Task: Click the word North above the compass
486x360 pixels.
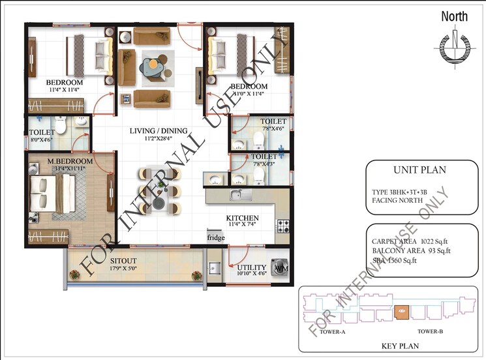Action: coord(455,16)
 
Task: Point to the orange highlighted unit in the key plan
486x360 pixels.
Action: coord(402,312)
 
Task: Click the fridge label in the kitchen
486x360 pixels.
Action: coord(217,238)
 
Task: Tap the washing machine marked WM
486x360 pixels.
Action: coord(281,267)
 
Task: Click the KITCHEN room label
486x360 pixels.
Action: coord(243,218)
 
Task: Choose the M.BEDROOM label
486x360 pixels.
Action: coord(70,161)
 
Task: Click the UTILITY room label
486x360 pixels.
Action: coord(252,267)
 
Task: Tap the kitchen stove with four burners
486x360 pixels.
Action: coord(283,226)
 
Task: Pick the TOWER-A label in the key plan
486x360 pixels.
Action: coord(333,332)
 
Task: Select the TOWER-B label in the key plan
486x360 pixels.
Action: coord(431,332)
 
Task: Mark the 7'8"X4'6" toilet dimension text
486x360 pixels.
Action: coord(273,129)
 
